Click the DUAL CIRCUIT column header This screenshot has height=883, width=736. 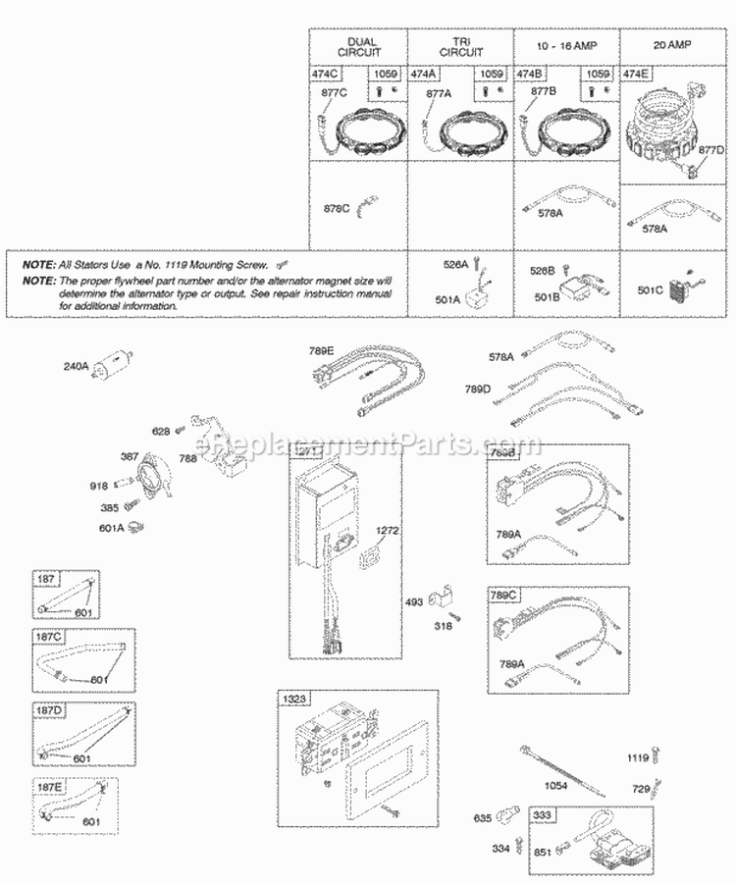[359, 46]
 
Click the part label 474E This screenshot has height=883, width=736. [638, 74]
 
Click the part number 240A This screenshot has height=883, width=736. [78, 366]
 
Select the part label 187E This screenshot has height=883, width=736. [46, 784]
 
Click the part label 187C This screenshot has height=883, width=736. [46, 636]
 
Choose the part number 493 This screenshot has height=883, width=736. [413, 601]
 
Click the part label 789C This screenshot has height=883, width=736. [505, 595]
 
